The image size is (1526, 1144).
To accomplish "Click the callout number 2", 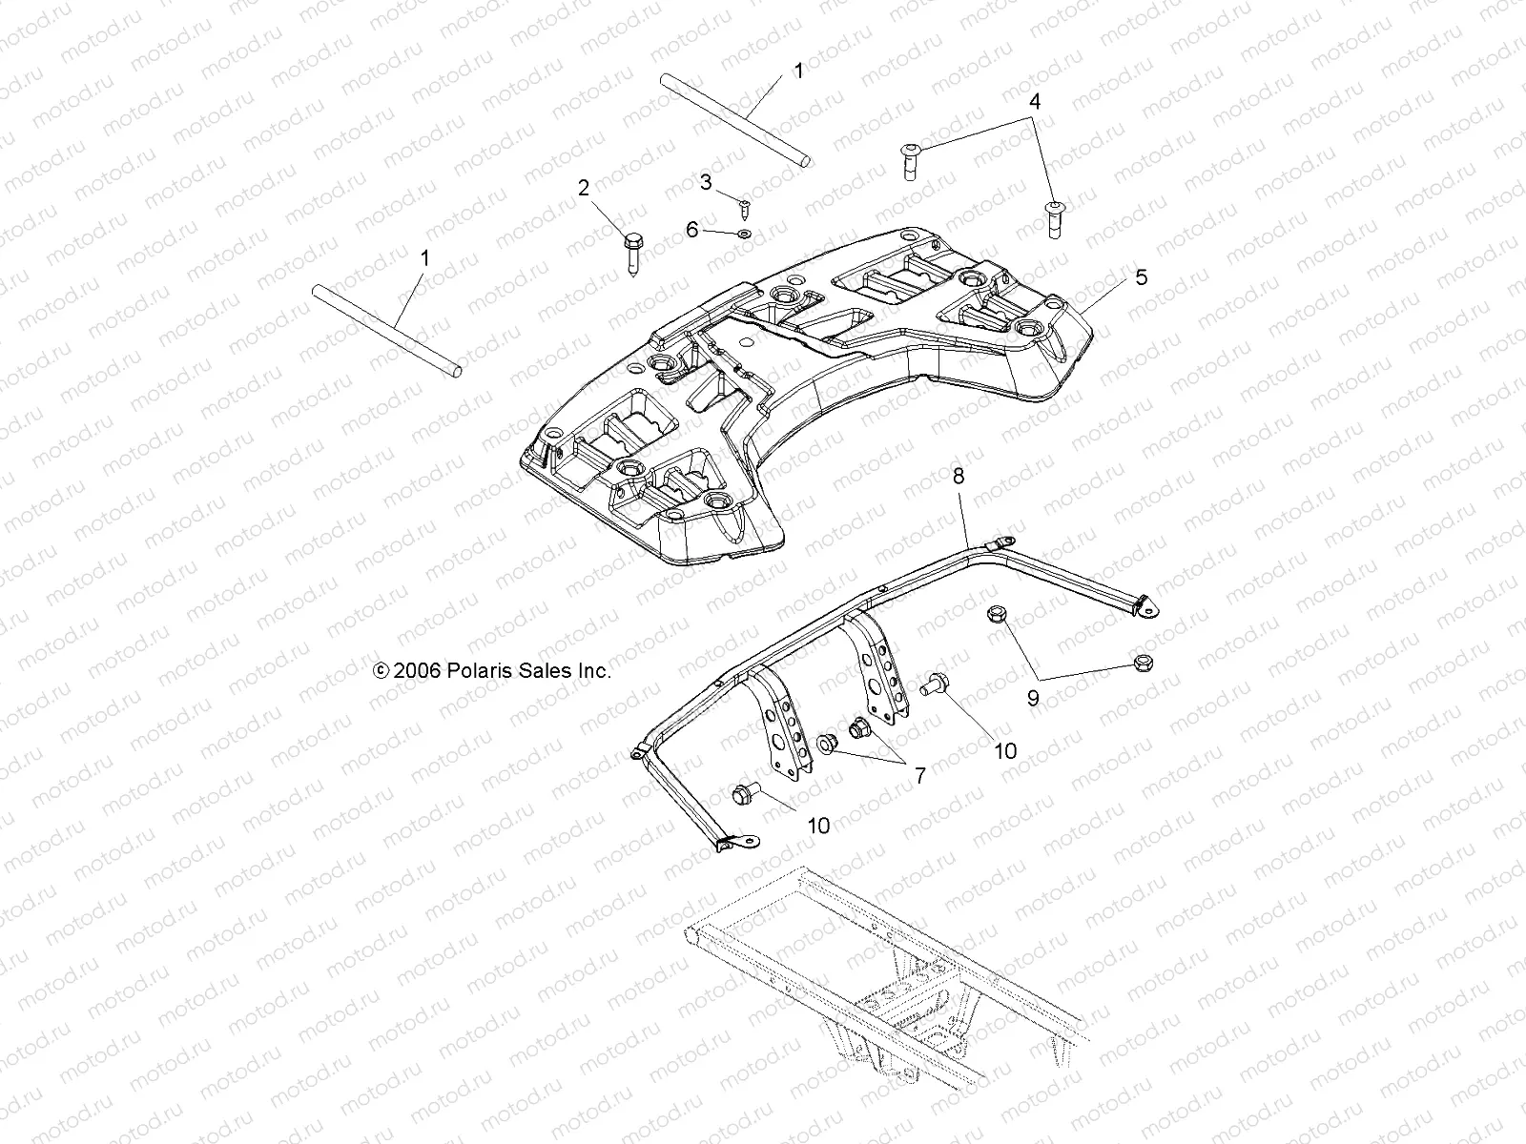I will point(584,188).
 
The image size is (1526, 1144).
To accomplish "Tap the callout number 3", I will point(706,182).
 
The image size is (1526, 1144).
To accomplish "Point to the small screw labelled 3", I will point(743,205).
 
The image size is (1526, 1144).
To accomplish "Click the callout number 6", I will point(718,230).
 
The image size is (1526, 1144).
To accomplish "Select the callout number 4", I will point(1034,100).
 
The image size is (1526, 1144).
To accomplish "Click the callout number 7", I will point(919,776).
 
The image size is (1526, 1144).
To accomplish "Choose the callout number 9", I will point(1033,698).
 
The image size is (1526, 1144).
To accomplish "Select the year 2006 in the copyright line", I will point(416,671).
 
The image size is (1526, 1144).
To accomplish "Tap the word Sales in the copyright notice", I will point(546,671).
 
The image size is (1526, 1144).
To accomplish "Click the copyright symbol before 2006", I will point(381,671).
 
